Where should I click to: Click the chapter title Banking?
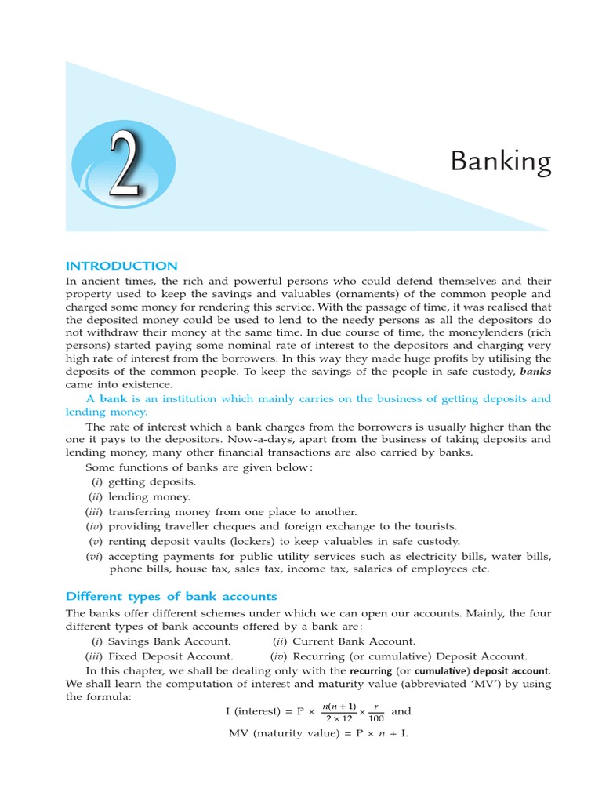(x=500, y=162)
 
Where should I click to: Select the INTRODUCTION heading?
(x=121, y=266)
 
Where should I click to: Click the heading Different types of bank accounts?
(x=171, y=596)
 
